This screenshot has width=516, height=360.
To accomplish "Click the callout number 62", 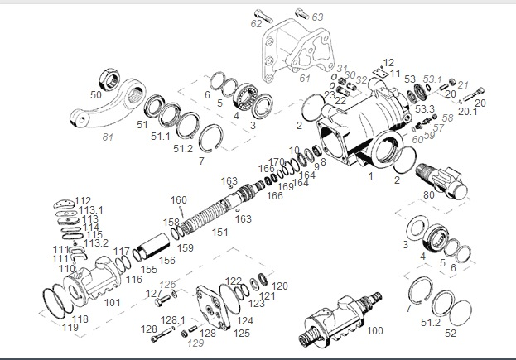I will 256,24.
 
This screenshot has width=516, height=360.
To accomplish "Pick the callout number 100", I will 374,330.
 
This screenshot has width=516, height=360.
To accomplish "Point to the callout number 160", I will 179,199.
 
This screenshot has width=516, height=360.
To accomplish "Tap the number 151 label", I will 219,233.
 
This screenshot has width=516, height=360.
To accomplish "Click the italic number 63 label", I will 318,17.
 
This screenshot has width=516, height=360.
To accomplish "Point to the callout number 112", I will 83,201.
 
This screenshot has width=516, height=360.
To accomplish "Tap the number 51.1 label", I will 160,136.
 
